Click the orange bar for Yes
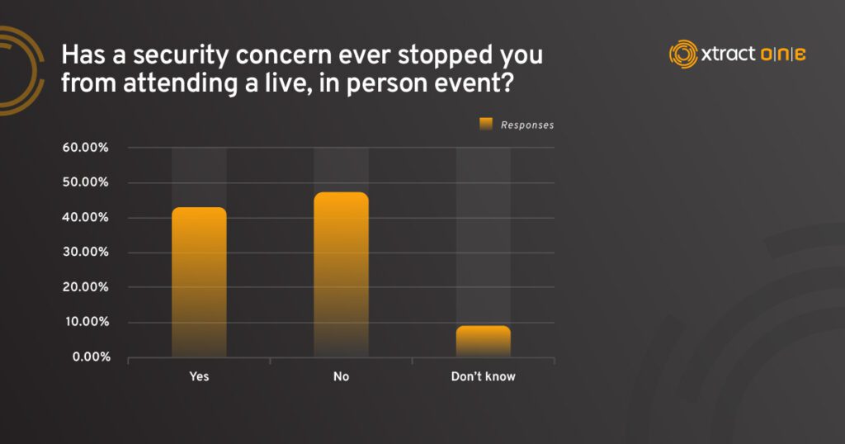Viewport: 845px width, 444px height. tap(199, 281)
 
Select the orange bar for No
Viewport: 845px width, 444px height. tap(341, 274)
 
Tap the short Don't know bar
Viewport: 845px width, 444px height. tap(484, 341)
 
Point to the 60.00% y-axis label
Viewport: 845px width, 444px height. tap(85, 148)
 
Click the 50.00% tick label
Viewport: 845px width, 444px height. tap(85, 182)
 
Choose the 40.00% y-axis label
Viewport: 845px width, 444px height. tap(85, 217)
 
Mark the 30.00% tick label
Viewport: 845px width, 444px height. tap(85, 253)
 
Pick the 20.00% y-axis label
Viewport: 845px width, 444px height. tap(85, 286)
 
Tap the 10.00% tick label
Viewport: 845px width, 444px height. tap(87, 322)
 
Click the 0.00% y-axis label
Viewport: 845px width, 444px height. tap(91, 357)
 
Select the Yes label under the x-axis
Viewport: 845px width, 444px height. tap(199, 376)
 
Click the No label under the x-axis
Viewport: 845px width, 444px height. tap(341, 376)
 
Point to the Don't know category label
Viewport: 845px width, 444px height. tap(484, 376)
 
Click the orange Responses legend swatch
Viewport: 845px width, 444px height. tap(486, 125)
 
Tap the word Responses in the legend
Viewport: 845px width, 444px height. tap(527, 125)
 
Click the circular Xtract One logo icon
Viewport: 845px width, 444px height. tap(683, 54)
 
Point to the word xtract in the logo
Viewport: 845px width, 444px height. tap(728, 54)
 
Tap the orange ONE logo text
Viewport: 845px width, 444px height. tap(783, 54)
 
